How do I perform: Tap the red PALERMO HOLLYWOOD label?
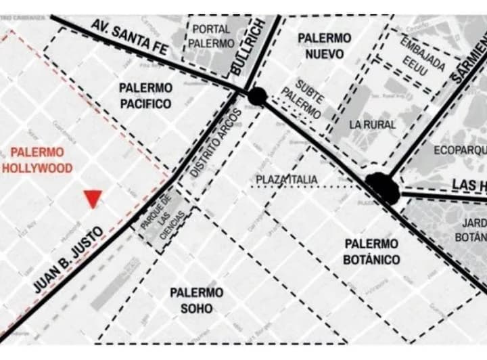click(37, 160)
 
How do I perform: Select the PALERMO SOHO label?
click(196, 300)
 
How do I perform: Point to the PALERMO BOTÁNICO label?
click(371, 251)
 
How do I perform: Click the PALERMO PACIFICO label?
click(145, 95)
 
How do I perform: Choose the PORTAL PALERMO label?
click(212, 37)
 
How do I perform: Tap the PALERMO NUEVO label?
click(324, 46)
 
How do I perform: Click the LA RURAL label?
click(373, 125)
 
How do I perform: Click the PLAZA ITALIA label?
click(296, 179)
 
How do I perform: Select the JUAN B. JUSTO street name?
click(68, 260)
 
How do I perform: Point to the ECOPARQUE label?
click(461, 150)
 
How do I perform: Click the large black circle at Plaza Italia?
click(383, 187)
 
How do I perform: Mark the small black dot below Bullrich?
click(257, 96)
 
